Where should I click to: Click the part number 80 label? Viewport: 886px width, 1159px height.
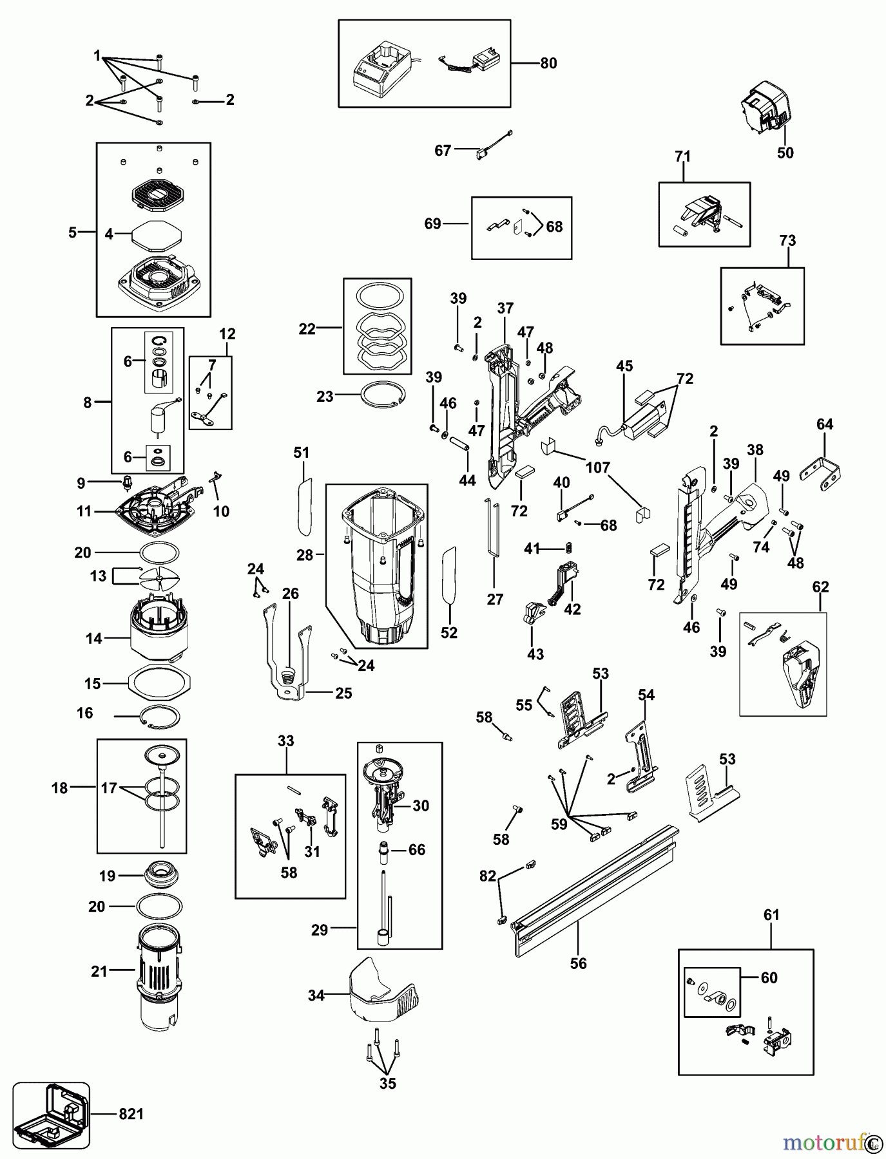click(548, 63)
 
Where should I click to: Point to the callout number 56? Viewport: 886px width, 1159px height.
click(579, 963)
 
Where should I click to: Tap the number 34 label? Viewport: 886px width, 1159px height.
click(316, 995)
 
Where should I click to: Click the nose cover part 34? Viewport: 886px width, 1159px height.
click(383, 992)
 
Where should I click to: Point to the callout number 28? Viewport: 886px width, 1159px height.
click(305, 554)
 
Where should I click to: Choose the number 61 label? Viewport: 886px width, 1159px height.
click(771, 915)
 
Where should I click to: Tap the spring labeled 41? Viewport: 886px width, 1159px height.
click(569, 549)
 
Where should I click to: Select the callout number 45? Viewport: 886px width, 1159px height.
click(624, 366)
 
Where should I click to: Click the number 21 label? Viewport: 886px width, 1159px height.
click(99, 971)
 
